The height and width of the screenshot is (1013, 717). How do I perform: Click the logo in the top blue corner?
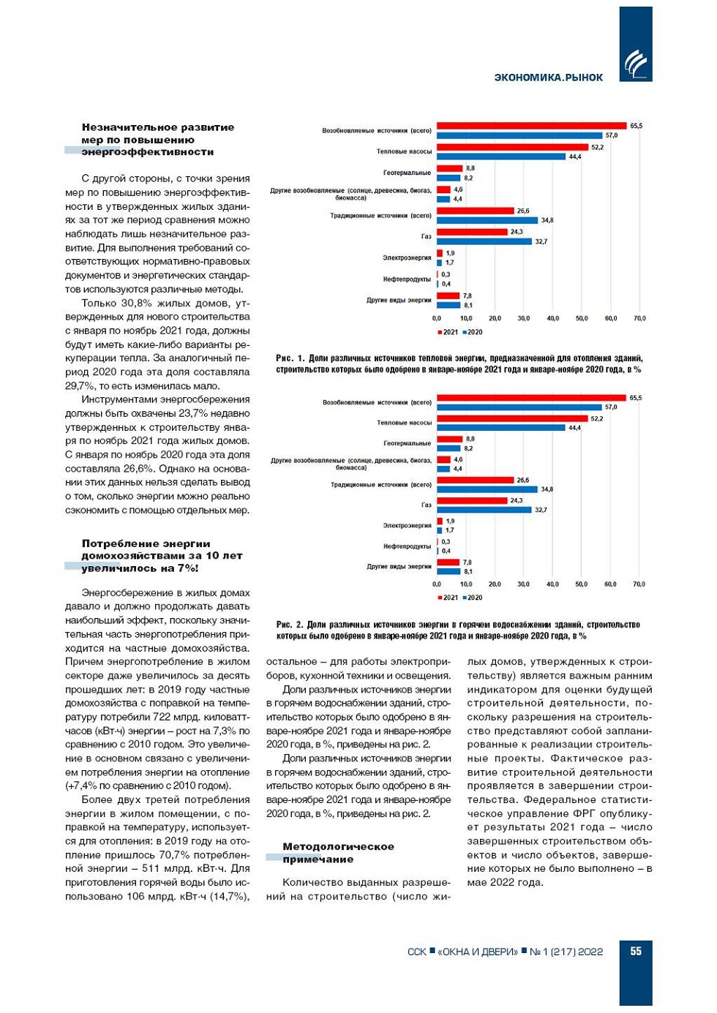pyautogui.click(x=635, y=65)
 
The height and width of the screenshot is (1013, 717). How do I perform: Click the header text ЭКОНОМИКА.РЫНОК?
pyautogui.click(x=548, y=78)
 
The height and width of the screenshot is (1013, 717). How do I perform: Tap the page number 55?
pyautogui.click(x=636, y=951)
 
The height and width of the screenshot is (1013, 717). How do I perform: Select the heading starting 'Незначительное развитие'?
pyautogui.click(x=157, y=139)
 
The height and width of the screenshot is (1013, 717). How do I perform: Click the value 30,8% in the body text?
pyautogui.click(x=137, y=304)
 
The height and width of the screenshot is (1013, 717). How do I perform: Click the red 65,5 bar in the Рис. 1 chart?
pyautogui.click(x=531, y=126)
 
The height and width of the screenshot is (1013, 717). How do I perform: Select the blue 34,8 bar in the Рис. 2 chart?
pyautogui.click(x=487, y=489)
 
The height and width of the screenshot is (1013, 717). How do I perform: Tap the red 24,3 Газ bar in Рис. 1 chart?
pyautogui.click(x=472, y=232)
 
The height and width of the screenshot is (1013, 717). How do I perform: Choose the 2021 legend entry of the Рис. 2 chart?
pyautogui.click(x=448, y=598)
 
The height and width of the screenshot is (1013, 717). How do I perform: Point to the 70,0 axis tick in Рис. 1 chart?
pyautogui.click(x=639, y=319)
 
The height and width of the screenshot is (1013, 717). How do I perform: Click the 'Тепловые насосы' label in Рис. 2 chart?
pyautogui.click(x=404, y=423)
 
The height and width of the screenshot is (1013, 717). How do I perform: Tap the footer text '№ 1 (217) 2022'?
pyautogui.click(x=566, y=952)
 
